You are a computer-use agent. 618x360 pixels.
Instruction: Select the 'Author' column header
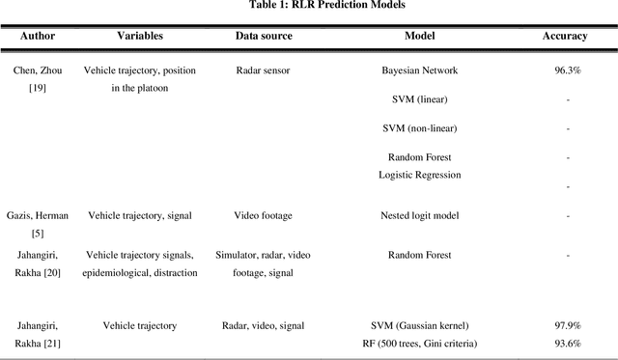point(38,36)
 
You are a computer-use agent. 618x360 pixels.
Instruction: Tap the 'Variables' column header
point(140,36)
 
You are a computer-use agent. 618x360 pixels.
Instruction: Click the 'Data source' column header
point(264,36)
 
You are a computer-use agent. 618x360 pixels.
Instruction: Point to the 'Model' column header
point(420,36)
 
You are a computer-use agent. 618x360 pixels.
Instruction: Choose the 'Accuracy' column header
point(565,36)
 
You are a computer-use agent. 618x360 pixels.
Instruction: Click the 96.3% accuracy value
point(567,70)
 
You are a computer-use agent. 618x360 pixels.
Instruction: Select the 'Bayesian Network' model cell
point(420,70)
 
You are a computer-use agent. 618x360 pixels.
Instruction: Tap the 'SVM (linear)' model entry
point(420,99)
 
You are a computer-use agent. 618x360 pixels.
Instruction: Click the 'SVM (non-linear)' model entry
point(420,127)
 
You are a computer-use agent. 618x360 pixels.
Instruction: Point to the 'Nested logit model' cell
point(420,216)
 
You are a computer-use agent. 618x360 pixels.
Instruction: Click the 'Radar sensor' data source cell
point(264,70)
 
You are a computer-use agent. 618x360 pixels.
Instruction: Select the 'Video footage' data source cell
point(264,216)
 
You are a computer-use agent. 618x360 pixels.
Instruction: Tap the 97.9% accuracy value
point(567,326)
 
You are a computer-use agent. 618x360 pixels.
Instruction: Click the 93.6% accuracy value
point(567,344)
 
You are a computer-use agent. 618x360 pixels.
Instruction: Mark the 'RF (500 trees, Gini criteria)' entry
point(420,344)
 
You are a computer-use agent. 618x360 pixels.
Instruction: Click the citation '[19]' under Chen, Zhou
point(38,87)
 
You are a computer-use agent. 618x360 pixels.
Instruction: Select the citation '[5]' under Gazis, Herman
point(38,233)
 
